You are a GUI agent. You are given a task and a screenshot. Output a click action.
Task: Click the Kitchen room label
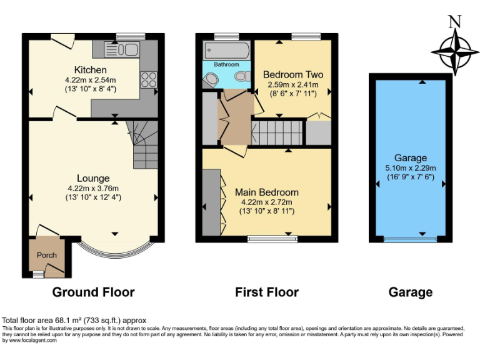pos(91,70)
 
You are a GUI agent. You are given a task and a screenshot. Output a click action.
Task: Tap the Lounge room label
pos(92,178)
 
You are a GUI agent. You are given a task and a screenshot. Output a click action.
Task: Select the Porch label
pos(47,255)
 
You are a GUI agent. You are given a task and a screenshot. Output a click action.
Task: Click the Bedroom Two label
pos(292,74)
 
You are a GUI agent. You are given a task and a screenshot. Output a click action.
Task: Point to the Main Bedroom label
pos(266,192)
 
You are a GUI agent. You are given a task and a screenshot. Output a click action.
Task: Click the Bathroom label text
pos(226,64)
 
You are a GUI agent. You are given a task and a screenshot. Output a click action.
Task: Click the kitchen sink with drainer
pos(119,48)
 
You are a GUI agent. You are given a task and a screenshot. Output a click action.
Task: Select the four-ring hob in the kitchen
pos(149,79)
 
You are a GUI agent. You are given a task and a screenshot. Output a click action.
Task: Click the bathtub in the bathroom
pos(226,50)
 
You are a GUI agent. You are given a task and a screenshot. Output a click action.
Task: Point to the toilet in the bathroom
pos(240,76)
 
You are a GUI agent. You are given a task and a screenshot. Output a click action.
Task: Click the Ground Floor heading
pos(93,292)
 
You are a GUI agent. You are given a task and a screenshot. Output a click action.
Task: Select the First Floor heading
pos(266,292)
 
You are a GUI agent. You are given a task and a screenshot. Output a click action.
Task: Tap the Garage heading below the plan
pos(410,292)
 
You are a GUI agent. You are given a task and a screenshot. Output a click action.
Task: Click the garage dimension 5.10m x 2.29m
pos(410,167)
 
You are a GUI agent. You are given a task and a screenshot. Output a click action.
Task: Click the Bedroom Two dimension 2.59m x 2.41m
pos(292,84)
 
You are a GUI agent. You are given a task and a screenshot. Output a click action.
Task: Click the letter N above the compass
pos(455,21)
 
